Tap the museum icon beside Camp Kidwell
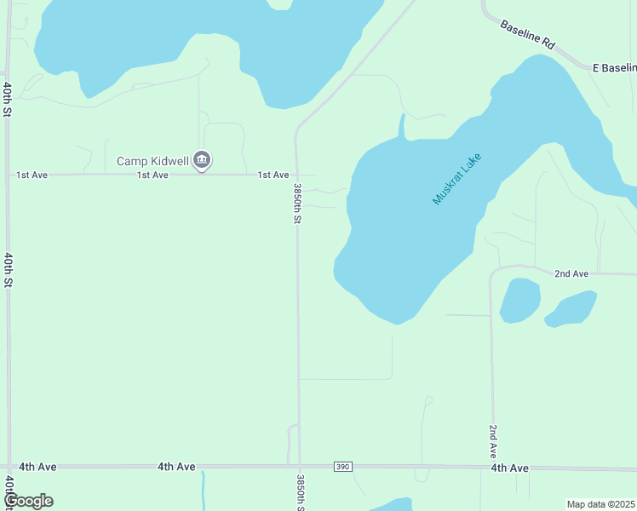tap(202, 160)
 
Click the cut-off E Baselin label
tap(614, 66)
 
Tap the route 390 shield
tap(342, 467)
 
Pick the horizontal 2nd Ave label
tap(571, 273)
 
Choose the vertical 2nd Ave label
tap(493, 441)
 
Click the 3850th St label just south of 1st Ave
tap(298, 204)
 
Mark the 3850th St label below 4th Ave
tap(300, 493)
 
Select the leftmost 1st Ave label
tap(32, 175)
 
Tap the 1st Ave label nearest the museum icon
tap(153, 175)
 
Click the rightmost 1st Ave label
tap(273, 175)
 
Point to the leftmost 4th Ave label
tap(37, 467)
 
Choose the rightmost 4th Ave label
tap(509, 468)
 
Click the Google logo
tap(28, 501)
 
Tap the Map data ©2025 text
tap(600, 504)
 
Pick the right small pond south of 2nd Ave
tap(571, 308)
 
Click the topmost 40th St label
tap(7, 100)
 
